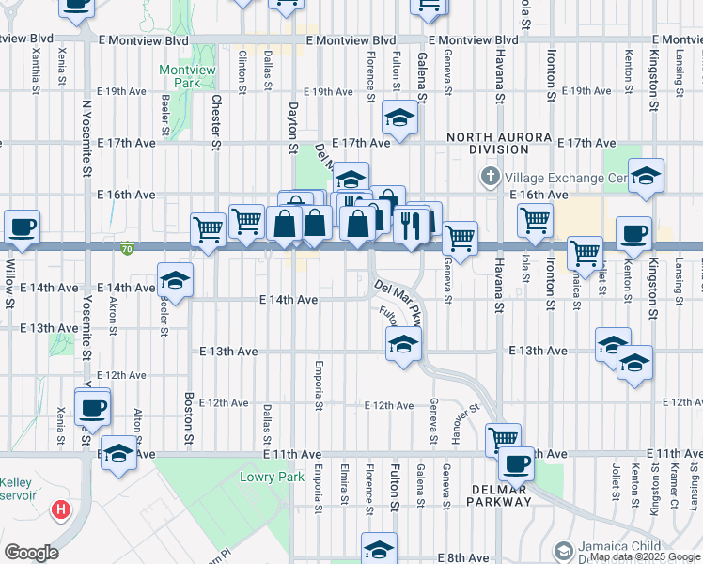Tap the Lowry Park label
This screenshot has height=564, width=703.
point(279,477)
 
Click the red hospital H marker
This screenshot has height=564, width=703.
point(61,510)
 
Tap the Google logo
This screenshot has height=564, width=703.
point(31,553)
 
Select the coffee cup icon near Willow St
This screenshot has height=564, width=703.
point(22,227)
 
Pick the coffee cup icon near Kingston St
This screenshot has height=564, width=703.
point(633,233)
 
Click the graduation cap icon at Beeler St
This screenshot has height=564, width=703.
point(175,280)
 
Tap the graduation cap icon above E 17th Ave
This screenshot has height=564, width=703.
point(399,118)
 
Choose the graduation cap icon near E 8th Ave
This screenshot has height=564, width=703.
point(379,549)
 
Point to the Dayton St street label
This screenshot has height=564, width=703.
point(292,129)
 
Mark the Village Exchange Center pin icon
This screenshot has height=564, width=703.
point(490,177)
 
